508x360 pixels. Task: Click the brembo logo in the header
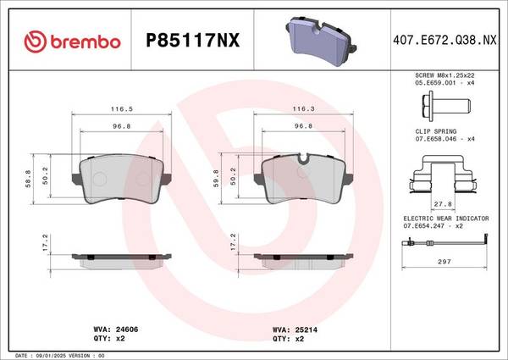[72, 42]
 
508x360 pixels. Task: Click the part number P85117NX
[193, 41]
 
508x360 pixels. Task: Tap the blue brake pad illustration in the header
[321, 41]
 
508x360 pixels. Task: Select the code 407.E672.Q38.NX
[444, 40]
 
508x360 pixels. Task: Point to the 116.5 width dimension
[122, 109]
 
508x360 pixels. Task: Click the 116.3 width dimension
[304, 109]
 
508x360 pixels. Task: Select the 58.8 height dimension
[28, 179]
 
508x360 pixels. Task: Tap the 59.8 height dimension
[216, 179]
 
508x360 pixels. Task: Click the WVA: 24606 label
[116, 330]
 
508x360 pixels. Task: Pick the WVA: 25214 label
[295, 330]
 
